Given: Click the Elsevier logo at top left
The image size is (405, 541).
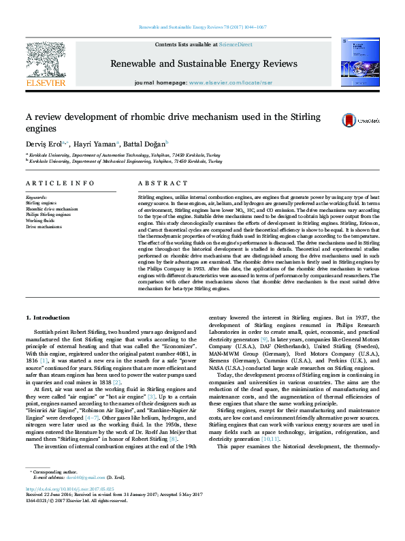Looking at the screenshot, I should (x=45, y=65).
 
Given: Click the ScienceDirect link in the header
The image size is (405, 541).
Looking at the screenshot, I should (x=235, y=44).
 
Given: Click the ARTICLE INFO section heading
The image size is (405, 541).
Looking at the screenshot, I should (x=60, y=184).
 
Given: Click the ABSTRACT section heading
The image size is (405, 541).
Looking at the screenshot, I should (x=163, y=184).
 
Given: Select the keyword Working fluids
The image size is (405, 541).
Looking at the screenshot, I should (x=40, y=221).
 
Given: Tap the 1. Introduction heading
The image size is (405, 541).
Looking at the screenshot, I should (x=47, y=318).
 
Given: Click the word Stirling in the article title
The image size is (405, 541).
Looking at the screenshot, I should (x=299, y=117).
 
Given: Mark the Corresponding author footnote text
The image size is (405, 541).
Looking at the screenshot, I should (x=52, y=491).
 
